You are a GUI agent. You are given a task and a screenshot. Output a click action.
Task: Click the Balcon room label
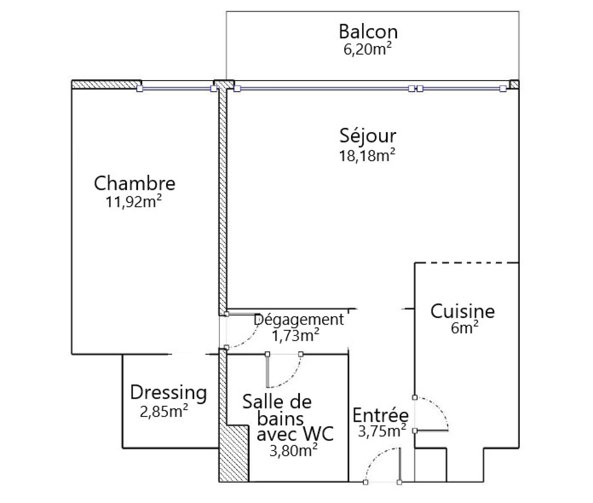368,32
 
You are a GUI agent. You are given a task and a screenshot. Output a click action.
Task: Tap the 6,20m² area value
368,49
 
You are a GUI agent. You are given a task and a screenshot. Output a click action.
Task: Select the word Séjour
368,136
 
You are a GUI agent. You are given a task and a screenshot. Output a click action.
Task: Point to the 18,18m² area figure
367,155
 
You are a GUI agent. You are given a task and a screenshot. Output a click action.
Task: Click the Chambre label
135,183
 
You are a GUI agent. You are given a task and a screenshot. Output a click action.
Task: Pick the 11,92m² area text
134,202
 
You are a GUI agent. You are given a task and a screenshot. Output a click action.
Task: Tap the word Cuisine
463,311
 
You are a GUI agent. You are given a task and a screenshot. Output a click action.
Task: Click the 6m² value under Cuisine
464,328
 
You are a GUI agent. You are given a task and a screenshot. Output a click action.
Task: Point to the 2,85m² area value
164,411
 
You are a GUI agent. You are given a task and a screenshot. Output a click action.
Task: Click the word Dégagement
299,320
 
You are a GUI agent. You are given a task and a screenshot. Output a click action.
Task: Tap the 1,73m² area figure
296,335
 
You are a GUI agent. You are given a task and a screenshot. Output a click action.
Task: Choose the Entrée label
380,415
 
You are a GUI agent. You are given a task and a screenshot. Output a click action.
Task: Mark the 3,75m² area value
382,431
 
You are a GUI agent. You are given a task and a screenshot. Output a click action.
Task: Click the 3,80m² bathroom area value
293,451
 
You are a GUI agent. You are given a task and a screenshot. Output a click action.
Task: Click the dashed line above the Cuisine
466,263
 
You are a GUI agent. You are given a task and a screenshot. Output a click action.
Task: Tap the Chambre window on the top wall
176,89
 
